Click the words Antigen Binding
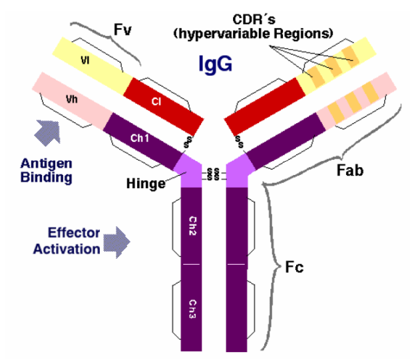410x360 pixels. pos(46,170)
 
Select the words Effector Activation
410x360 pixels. pos(74,242)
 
